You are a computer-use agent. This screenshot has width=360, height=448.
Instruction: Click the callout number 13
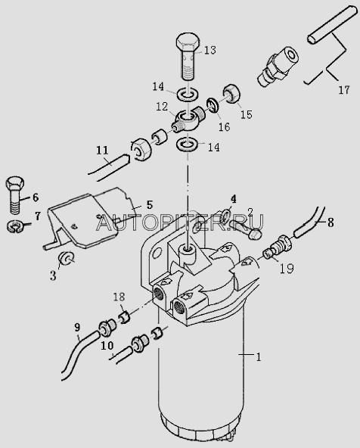point(210,50)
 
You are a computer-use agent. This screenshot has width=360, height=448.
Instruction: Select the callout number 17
point(343,90)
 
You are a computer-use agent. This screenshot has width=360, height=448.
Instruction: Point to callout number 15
point(247,114)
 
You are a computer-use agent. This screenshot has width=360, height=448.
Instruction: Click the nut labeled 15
point(231,93)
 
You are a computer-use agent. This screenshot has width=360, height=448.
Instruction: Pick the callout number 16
point(224,126)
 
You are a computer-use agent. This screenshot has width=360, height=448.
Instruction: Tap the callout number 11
point(102,151)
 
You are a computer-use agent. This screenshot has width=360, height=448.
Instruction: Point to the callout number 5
point(150,204)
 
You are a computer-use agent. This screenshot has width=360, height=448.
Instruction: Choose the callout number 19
point(287,268)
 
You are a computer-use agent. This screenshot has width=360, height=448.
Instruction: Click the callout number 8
point(331,222)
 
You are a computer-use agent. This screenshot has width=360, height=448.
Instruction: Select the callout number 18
point(119,297)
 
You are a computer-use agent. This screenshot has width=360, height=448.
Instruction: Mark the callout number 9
point(77,328)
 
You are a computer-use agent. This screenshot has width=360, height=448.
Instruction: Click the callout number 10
point(107,346)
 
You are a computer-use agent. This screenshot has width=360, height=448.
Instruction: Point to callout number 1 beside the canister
point(259,357)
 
